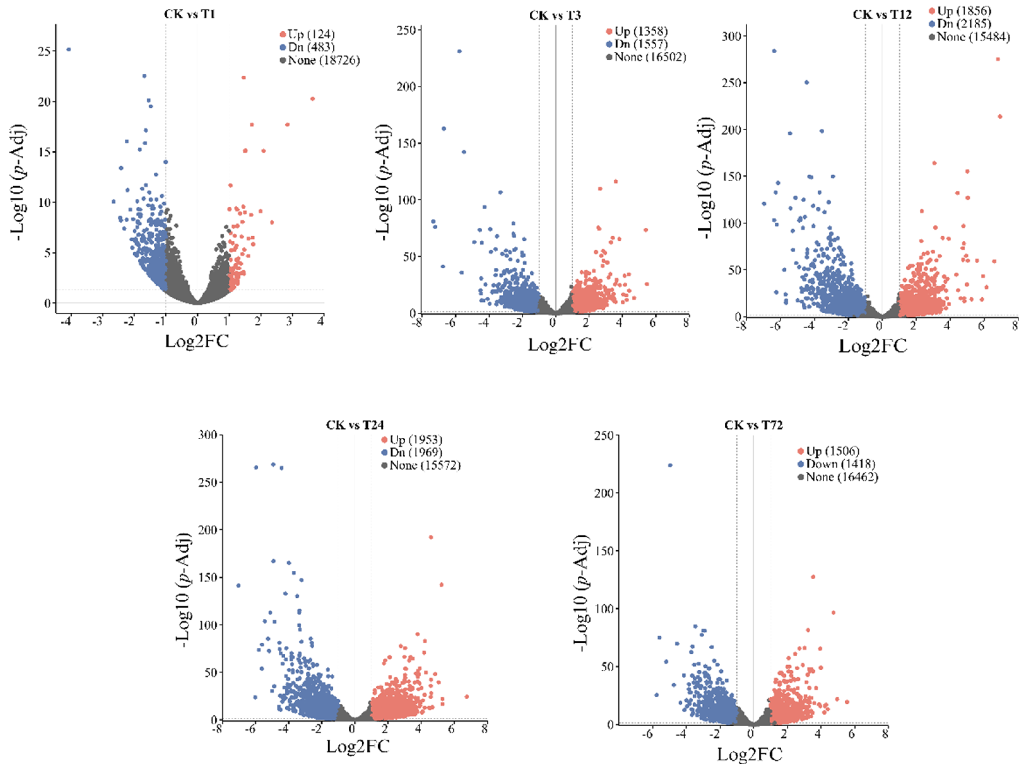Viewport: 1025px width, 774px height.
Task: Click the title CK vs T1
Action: point(190,14)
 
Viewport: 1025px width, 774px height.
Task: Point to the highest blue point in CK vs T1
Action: point(69,49)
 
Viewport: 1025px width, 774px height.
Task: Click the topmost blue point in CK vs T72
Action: point(670,465)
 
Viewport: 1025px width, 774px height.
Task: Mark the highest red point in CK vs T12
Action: point(998,59)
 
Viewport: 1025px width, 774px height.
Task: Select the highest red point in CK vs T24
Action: point(431,537)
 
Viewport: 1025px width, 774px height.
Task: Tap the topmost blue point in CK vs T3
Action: point(459,51)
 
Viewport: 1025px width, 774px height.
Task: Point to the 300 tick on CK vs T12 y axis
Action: point(731,36)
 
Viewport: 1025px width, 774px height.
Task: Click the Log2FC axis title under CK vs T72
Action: point(750,755)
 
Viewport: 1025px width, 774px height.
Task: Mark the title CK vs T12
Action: point(882,15)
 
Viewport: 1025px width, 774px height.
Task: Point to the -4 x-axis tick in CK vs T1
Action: point(66,321)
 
